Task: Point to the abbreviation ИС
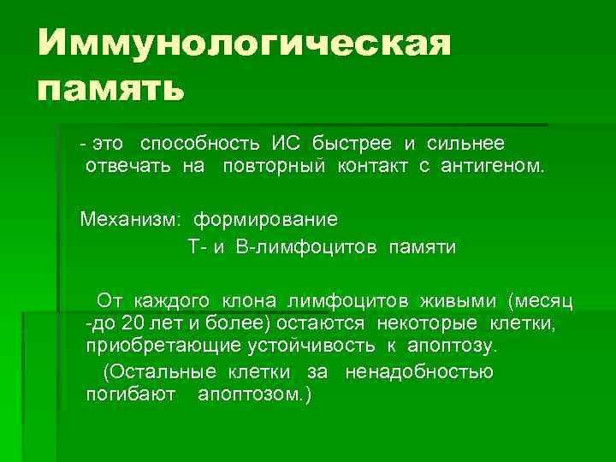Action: (x=287, y=142)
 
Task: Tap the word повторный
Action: (x=275, y=165)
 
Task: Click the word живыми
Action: (x=459, y=300)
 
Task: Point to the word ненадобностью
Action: (x=418, y=373)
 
